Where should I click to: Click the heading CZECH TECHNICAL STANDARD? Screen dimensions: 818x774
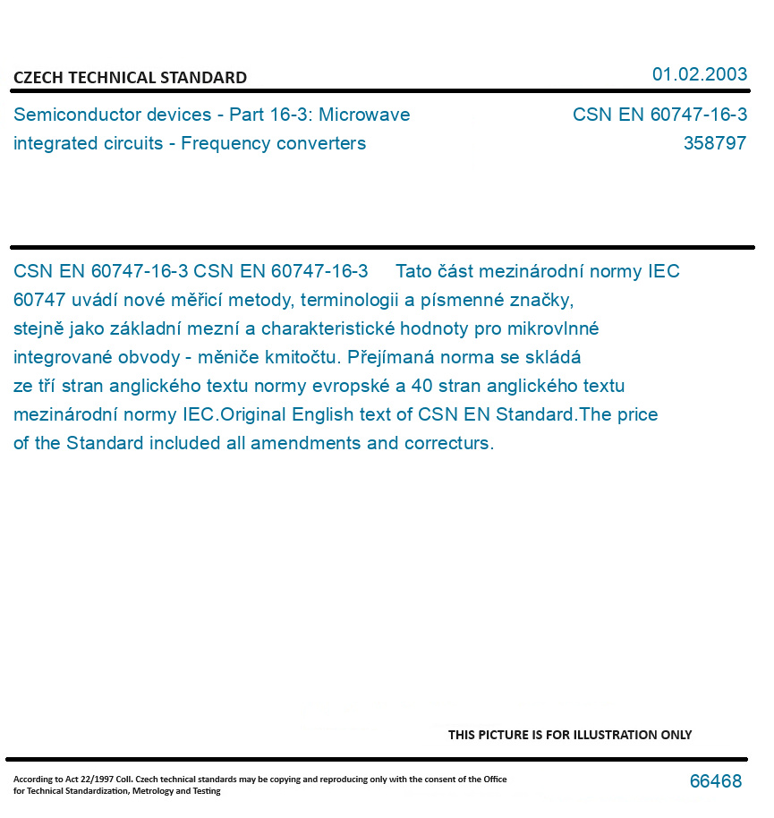(130, 78)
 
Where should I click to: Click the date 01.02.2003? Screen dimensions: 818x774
(699, 74)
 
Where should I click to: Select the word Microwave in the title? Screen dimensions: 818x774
(365, 115)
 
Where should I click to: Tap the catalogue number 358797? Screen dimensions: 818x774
(714, 143)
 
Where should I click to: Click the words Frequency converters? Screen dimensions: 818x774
(274, 143)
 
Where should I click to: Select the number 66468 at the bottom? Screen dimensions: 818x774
(715, 781)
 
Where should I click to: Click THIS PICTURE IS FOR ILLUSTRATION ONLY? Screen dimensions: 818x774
(570, 735)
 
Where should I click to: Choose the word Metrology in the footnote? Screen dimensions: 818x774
(154, 791)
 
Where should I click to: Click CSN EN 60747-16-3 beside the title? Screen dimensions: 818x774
(659, 115)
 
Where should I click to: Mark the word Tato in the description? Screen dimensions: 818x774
(413, 271)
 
